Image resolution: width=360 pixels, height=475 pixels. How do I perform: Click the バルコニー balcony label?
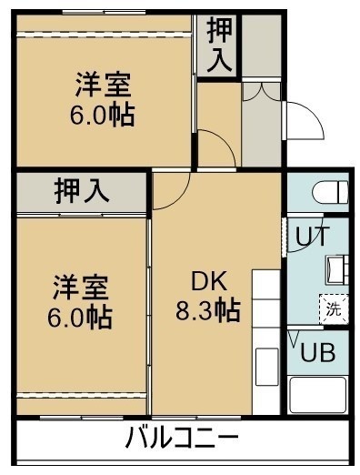[182, 438]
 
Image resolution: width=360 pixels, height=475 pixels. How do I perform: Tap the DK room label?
[209, 281]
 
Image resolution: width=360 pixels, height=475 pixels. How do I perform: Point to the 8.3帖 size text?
[208, 310]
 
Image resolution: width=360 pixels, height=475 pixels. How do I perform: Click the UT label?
[312, 236]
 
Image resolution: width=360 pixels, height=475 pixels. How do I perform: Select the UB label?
[317, 352]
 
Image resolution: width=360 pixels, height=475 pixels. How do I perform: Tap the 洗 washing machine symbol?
[334, 308]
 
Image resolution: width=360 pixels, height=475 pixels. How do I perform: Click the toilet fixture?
[330, 192]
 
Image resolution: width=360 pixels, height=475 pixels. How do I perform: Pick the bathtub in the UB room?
[318, 394]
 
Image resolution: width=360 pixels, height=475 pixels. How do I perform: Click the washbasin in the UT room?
[337, 269]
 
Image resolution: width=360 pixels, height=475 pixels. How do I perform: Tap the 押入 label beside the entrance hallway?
[220, 45]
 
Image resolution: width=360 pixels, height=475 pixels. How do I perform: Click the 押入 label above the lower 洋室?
[82, 191]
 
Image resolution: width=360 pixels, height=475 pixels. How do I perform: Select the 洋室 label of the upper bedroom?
[103, 85]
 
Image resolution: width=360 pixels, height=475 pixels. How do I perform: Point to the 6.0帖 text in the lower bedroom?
[80, 318]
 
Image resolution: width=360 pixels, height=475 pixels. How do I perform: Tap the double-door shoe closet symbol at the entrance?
[261, 92]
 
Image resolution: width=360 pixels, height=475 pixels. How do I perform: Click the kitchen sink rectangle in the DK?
[266, 367]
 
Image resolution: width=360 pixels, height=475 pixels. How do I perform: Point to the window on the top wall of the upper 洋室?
[104, 12]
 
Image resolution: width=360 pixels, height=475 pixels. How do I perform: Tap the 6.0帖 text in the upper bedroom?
[103, 115]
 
